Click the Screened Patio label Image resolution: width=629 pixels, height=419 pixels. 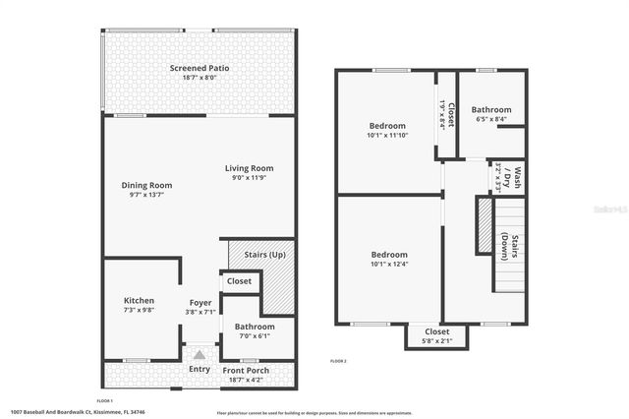(200, 68)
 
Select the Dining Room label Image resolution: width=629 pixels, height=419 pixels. (146, 185)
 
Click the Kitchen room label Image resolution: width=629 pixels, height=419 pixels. (139, 301)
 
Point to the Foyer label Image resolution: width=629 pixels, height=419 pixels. (200, 302)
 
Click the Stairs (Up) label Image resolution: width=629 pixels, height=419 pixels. (262, 256)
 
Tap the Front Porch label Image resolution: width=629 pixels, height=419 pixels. (246, 371)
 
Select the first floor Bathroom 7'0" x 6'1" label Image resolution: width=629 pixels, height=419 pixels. (255, 327)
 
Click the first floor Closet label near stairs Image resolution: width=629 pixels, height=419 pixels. (240, 281)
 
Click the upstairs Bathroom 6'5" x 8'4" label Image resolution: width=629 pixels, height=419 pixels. (490, 110)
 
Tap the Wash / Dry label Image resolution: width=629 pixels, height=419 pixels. (510, 178)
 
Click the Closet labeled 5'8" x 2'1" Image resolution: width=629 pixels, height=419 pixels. (436, 332)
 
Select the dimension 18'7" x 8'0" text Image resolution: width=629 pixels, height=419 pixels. (200, 77)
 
